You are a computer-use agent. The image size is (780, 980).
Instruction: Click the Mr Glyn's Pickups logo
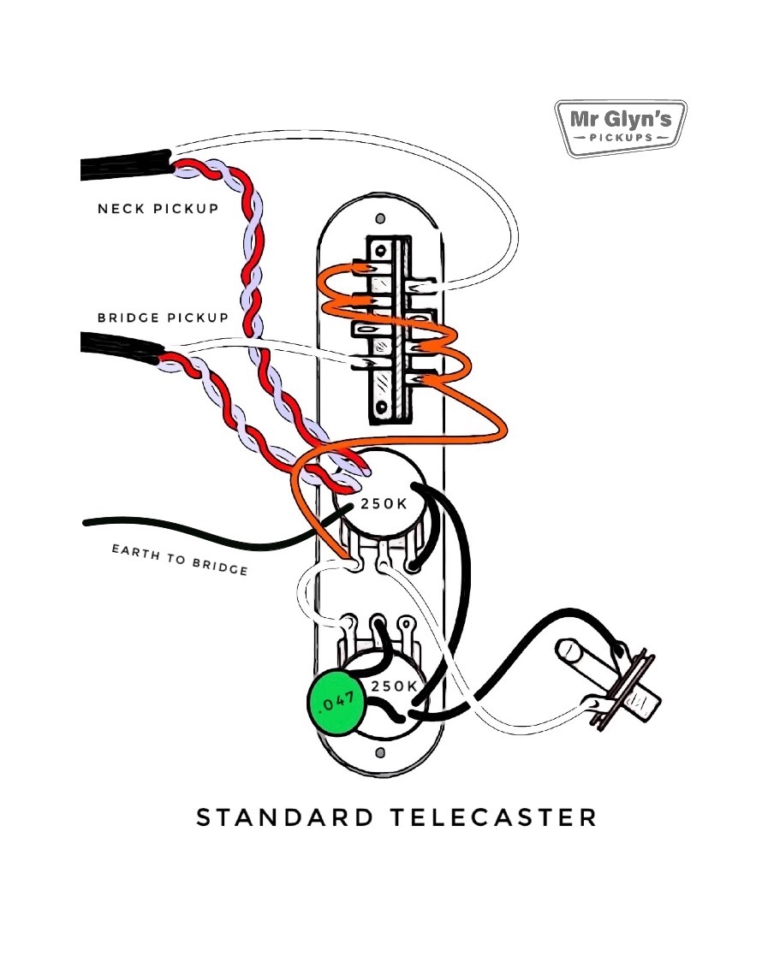pyautogui.click(x=621, y=128)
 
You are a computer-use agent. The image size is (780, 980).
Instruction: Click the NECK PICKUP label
pyautogui.click(x=157, y=208)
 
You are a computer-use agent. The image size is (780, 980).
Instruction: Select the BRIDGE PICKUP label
pyautogui.click(x=163, y=318)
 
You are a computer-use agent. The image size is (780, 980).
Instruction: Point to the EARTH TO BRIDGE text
pyautogui.click(x=180, y=559)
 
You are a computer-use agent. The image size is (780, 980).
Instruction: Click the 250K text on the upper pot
pyautogui.click(x=384, y=504)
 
